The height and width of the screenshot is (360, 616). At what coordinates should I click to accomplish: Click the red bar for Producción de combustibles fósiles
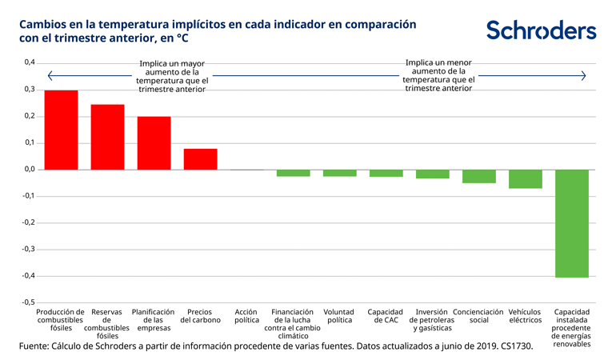click(61, 130)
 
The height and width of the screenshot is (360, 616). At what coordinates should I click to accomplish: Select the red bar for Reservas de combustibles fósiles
click(107, 137)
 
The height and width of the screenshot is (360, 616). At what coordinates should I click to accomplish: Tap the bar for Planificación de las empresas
click(154, 143)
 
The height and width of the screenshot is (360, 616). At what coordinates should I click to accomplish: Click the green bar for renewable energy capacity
click(571, 223)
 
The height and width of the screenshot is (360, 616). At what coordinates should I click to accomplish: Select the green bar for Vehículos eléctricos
click(525, 178)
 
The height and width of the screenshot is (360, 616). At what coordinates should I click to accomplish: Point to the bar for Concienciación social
click(478, 176)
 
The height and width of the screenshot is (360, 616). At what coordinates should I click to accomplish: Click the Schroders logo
click(541, 30)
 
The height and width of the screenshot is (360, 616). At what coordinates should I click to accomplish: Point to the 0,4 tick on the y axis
click(29, 62)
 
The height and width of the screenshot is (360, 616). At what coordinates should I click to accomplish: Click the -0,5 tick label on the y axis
click(27, 302)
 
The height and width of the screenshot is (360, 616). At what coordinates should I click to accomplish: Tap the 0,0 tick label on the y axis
click(29, 169)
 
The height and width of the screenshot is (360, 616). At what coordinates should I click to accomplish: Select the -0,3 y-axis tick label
click(27, 249)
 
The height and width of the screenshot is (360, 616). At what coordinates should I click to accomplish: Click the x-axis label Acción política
click(246, 316)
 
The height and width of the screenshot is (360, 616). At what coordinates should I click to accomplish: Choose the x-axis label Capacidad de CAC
click(386, 316)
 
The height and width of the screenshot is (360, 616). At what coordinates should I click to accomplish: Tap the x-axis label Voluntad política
click(339, 316)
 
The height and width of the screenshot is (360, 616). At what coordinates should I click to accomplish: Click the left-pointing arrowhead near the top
click(50, 76)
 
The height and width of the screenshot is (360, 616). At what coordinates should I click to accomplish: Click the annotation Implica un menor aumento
click(438, 75)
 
